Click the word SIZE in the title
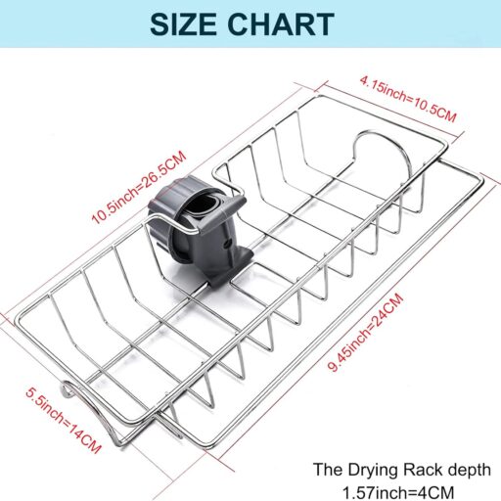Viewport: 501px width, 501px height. tap(183, 24)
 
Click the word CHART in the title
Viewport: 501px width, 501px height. tap(281, 24)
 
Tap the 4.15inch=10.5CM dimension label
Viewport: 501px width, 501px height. tap(408, 99)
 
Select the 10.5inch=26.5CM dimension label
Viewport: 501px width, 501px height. tap(139, 187)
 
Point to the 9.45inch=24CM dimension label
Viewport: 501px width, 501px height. tap(366, 332)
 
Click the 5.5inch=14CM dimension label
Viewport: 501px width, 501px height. tap(63, 420)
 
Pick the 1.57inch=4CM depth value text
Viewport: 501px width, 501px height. tap(398, 492)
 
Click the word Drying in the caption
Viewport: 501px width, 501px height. tap(374, 471)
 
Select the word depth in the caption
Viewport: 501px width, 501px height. tap(469, 471)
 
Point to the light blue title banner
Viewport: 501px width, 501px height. tap(250, 23)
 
